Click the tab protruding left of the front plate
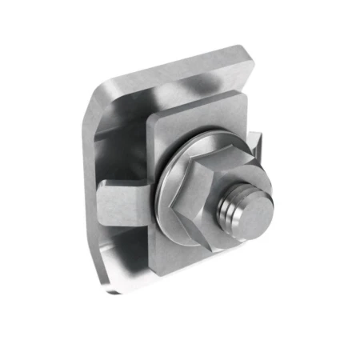click(x=124, y=200)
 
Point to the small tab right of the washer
click(x=254, y=144)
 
